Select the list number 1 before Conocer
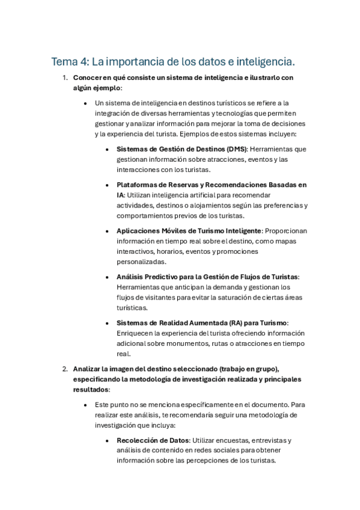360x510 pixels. (x=65, y=78)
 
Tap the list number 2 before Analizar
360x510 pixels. (x=65, y=369)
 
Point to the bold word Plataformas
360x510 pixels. (x=139, y=185)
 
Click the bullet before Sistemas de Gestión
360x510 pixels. (x=107, y=149)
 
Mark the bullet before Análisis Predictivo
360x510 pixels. (x=107, y=277)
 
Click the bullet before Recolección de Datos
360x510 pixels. (x=107, y=440)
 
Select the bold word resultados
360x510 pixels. (x=91, y=390)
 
